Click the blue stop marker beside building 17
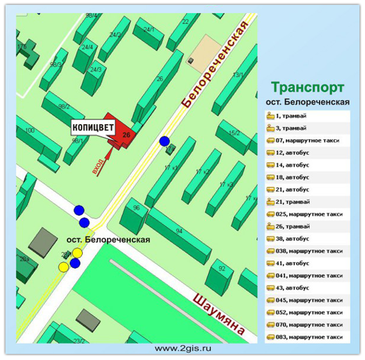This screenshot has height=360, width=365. pyautogui.click(x=164, y=142)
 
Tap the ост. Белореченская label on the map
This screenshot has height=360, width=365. pyautogui.click(x=108, y=240)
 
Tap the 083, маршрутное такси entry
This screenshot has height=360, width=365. pyautogui.click(x=307, y=337)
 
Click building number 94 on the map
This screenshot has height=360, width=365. pyautogui.click(x=179, y=231)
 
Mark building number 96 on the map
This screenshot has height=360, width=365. pyautogui.click(x=136, y=209)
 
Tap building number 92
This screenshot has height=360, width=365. pyautogui.click(x=221, y=269)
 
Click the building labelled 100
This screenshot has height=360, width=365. pyautogui.click(x=29, y=131)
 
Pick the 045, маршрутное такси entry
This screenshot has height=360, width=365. pyautogui.click(x=307, y=300)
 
